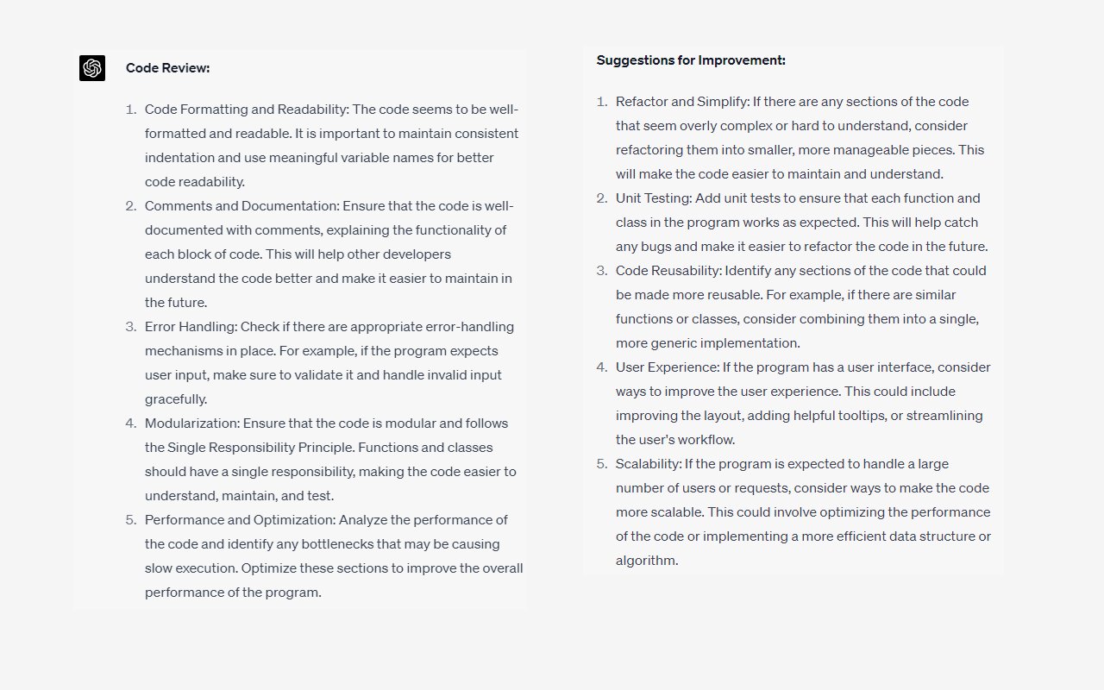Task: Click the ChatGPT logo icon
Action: pos(92,68)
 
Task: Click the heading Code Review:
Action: pos(167,68)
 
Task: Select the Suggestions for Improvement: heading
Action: pos(691,60)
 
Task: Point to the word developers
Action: pos(417,254)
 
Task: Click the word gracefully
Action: pos(176,399)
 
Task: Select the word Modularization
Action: pos(191,423)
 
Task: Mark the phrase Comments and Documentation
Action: pos(241,206)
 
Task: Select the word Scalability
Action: pos(648,464)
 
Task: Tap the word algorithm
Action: pos(645,561)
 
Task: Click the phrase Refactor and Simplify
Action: pos(681,102)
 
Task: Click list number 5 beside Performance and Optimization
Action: pos(131,520)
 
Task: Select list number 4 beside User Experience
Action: pos(602,367)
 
